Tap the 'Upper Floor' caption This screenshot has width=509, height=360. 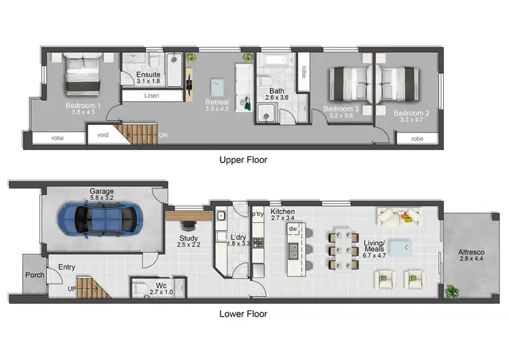click(243, 160)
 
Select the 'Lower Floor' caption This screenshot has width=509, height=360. click(243, 314)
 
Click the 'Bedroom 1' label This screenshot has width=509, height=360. click(83, 106)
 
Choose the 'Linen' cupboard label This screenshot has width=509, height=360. click(152, 96)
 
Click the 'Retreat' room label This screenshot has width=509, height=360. click(217, 103)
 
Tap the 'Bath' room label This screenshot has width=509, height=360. click(276, 90)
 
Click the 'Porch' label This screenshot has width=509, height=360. click(35, 275)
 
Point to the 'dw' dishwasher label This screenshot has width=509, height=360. click(293, 230)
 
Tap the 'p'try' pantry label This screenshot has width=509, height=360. click(257, 214)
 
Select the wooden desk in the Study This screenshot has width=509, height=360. click(188, 217)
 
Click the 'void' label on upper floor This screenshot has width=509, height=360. click(103, 134)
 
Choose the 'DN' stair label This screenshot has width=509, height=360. click(163, 136)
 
